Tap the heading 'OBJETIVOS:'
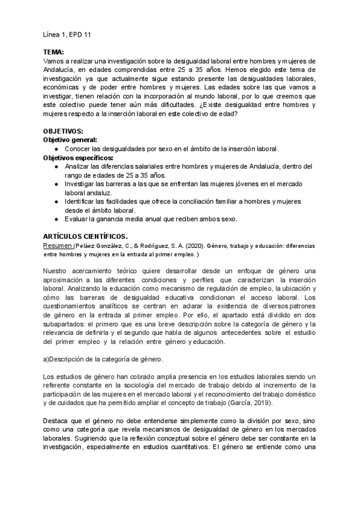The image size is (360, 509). pyautogui.click(x=64, y=131)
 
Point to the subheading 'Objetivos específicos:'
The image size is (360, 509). pyautogui.click(x=78, y=157)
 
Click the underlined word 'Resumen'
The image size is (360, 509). pyautogui.click(x=58, y=246)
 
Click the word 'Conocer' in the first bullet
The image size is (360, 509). pyautogui.click(x=77, y=148)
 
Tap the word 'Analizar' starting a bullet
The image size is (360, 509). pyautogui.click(x=77, y=166)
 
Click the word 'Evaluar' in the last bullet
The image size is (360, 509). pyautogui.click(x=76, y=219)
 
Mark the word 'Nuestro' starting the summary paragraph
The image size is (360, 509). pyautogui.click(x=56, y=272)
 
